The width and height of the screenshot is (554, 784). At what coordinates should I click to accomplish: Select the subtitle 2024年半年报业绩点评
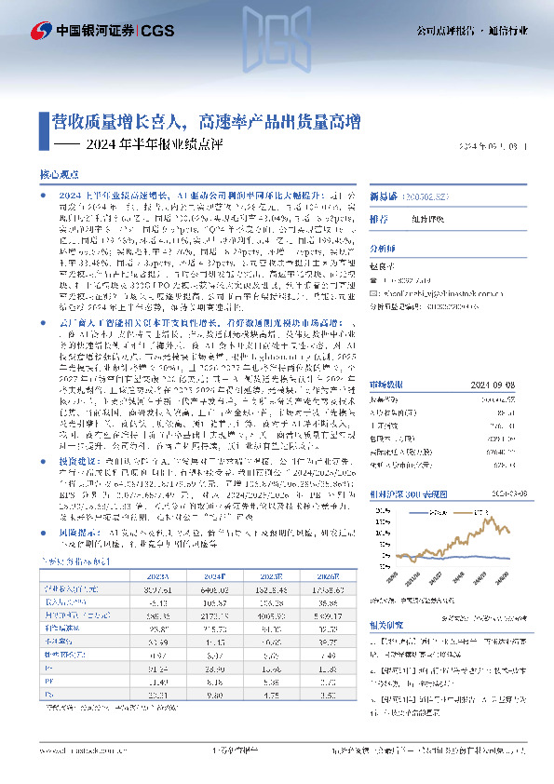tap(140, 144)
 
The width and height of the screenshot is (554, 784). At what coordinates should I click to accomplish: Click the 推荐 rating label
tap(379, 220)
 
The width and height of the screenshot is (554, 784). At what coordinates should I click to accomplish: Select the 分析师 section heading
tap(383, 249)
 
